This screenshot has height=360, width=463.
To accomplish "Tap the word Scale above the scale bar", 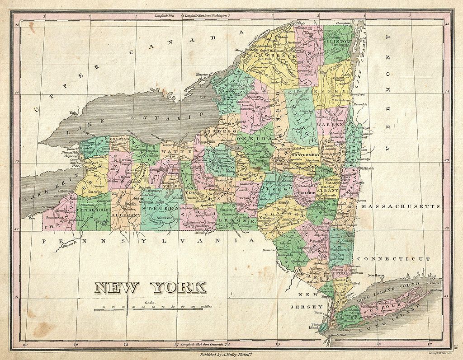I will point(150,303).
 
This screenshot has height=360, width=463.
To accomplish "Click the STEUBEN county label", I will point(159,209).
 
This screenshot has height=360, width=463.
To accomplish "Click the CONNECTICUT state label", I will point(392,259).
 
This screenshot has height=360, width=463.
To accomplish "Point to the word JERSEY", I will point(304,307).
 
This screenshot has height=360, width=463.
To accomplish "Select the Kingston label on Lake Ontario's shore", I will point(202,74).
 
